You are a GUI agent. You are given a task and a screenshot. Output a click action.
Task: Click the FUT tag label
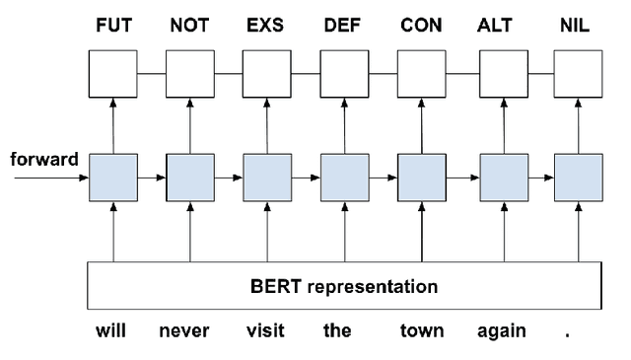click(112, 26)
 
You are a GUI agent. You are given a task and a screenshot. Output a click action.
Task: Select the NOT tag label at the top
click(190, 26)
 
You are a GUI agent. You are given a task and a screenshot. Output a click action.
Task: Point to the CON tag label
click(421, 26)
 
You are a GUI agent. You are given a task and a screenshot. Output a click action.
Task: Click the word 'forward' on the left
click(44, 159)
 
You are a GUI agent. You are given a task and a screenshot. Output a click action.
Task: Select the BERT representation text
click(345, 288)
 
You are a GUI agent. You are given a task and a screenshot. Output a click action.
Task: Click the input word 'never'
click(184, 331)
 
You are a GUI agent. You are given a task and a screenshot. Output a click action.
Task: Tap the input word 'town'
click(421, 331)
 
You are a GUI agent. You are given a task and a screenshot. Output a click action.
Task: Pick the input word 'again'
click(500, 331)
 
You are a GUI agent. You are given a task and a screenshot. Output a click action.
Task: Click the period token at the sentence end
click(567, 333)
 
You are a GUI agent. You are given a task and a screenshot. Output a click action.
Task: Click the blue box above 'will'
click(113, 179)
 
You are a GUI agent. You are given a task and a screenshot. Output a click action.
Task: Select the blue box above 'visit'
click(267, 179)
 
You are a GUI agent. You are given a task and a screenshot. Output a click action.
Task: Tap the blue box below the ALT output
click(502, 179)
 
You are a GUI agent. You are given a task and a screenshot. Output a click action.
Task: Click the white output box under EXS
click(267, 73)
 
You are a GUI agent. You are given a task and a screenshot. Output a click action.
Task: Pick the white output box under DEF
click(344, 73)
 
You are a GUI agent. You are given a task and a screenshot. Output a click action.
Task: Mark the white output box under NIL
click(578, 73)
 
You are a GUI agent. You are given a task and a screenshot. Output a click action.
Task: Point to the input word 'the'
click(337, 331)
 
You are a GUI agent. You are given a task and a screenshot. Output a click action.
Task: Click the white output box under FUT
click(113, 73)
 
